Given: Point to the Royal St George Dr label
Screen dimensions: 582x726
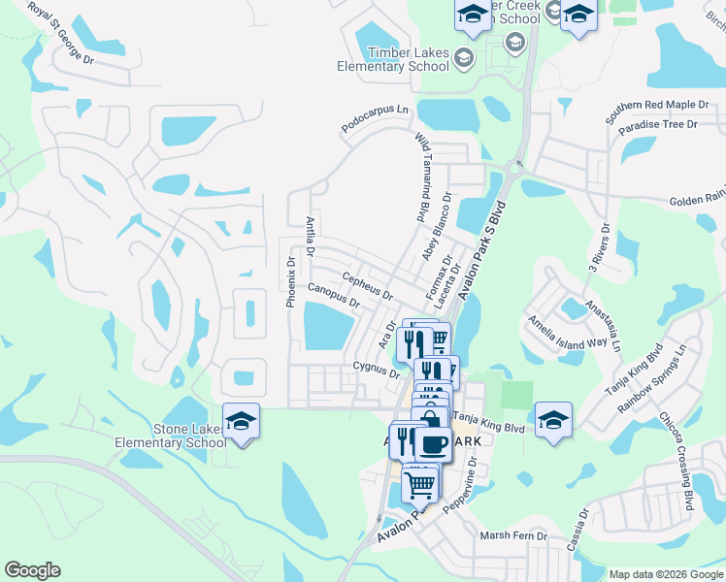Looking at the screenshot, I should [60, 34].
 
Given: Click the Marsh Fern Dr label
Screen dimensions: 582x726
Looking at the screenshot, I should [513, 535].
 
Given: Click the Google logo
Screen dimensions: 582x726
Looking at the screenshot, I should [32, 570].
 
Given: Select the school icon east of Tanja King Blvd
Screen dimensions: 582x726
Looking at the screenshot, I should [553, 419].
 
